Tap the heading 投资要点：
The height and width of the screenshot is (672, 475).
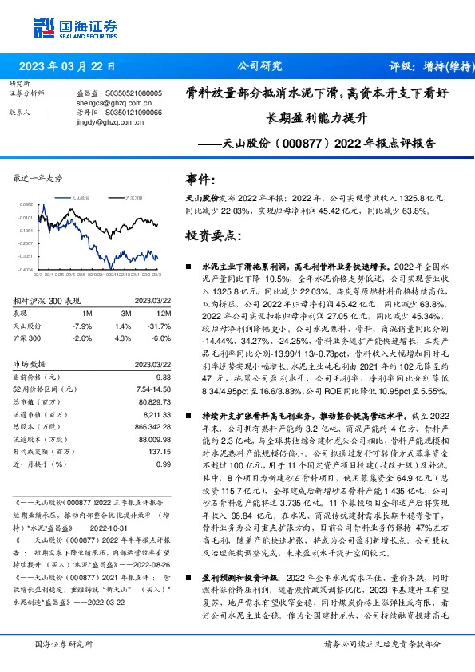[x=212, y=237]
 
